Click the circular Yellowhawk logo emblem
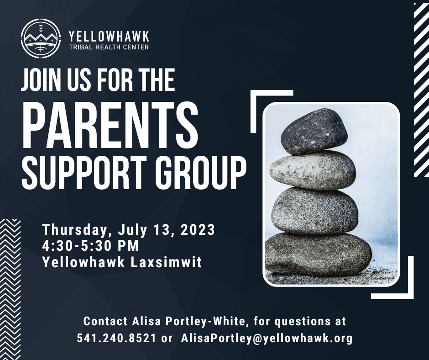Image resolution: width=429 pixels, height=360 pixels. click(x=41, y=38)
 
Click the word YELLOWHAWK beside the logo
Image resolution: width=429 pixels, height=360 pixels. click(x=109, y=36)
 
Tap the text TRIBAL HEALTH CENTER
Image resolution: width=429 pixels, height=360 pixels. click(x=109, y=47)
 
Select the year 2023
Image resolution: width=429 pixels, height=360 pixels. click(x=198, y=229)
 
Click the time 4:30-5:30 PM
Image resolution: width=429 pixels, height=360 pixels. click(x=90, y=245)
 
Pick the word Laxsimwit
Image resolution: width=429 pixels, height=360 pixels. click(x=166, y=262)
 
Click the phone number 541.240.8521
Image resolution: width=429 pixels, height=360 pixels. click(x=116, y=338)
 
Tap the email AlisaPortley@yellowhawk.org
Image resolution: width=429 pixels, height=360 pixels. click(x=267, y=338)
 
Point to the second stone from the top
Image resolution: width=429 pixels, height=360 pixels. click(x=313, y=170)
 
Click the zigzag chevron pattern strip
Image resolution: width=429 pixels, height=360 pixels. click(x=10, y=289)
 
